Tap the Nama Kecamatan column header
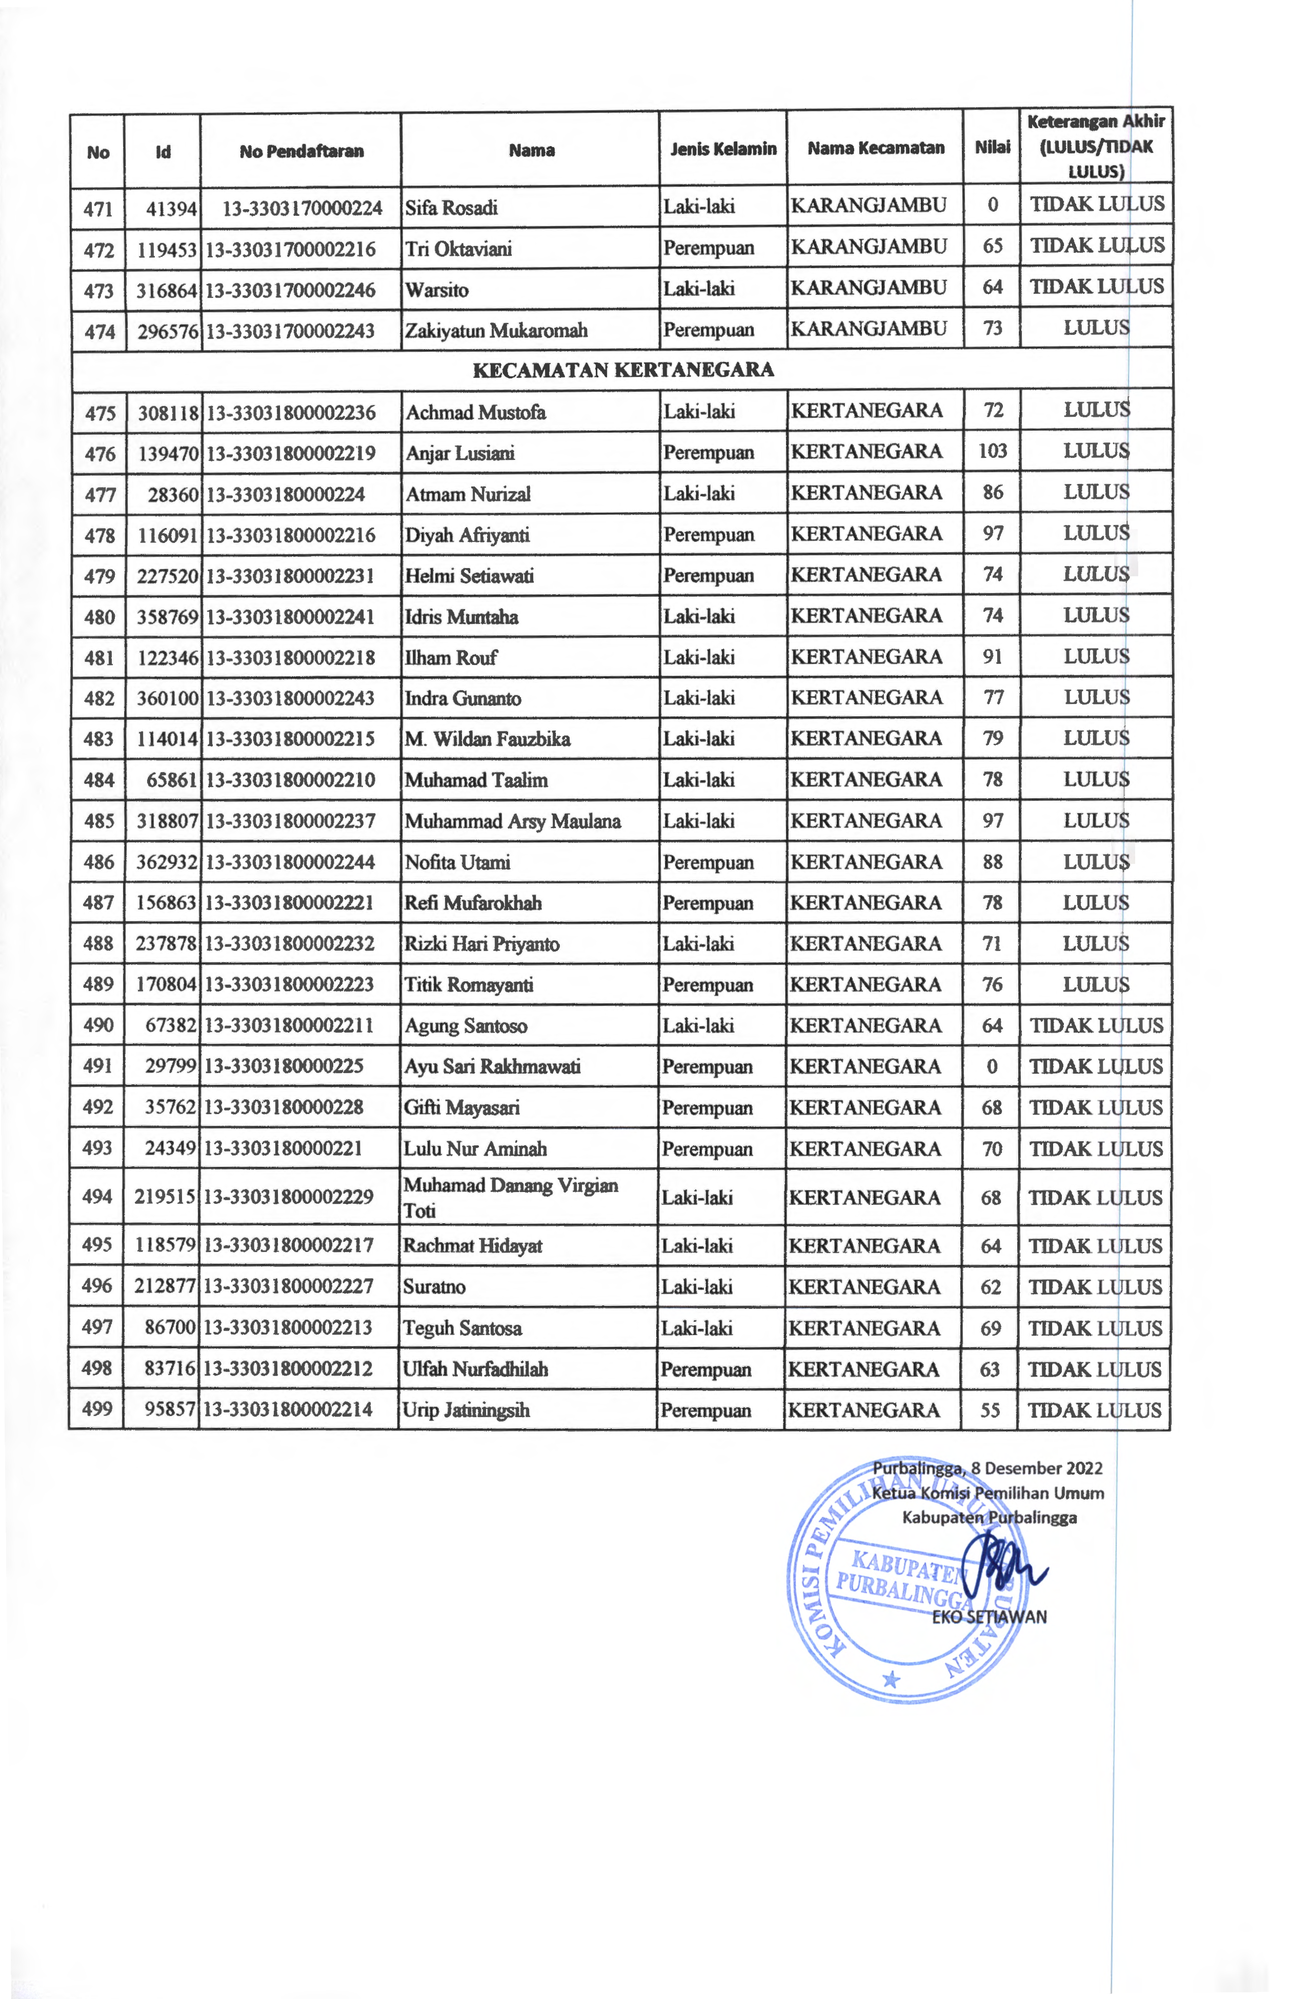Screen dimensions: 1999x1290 (875, 148)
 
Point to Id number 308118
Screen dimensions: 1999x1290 (168, 412)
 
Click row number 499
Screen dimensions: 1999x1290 (97, 1408)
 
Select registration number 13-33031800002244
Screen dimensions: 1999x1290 (290, 862)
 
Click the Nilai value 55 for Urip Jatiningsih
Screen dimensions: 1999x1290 (990, 1409)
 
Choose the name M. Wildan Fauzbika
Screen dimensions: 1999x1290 (488, 739)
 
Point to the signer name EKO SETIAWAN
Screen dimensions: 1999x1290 (989, 1617)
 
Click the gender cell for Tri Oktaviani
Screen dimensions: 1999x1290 (709, 248)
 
